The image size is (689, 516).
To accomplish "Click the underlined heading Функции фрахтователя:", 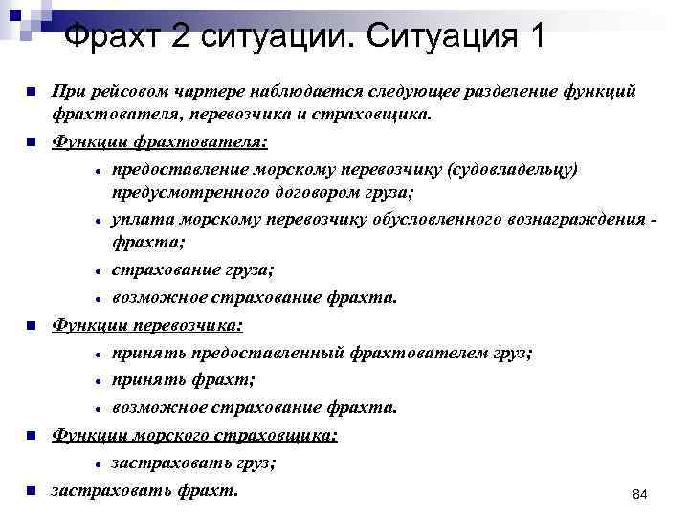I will tap(160, 142).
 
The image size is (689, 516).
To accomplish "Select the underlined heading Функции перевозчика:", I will tap(147, 325).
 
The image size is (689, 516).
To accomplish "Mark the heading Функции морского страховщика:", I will tap(194, 435).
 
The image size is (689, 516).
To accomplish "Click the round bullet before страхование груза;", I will tap(99, 272).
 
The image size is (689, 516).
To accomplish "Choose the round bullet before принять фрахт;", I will tap(99, 380).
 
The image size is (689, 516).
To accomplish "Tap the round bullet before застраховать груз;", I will tap(99, 463).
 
